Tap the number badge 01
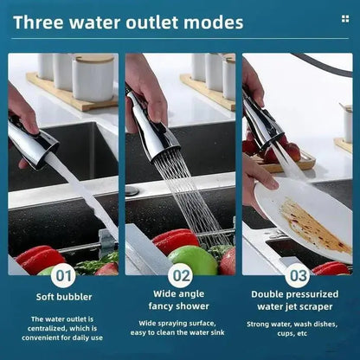click(63, 275)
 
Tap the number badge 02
click(180, 275)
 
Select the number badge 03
click(298, 275)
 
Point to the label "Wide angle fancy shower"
click(180, 299)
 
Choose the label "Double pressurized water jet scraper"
click(297, 299)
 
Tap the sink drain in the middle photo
click(132, 190)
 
